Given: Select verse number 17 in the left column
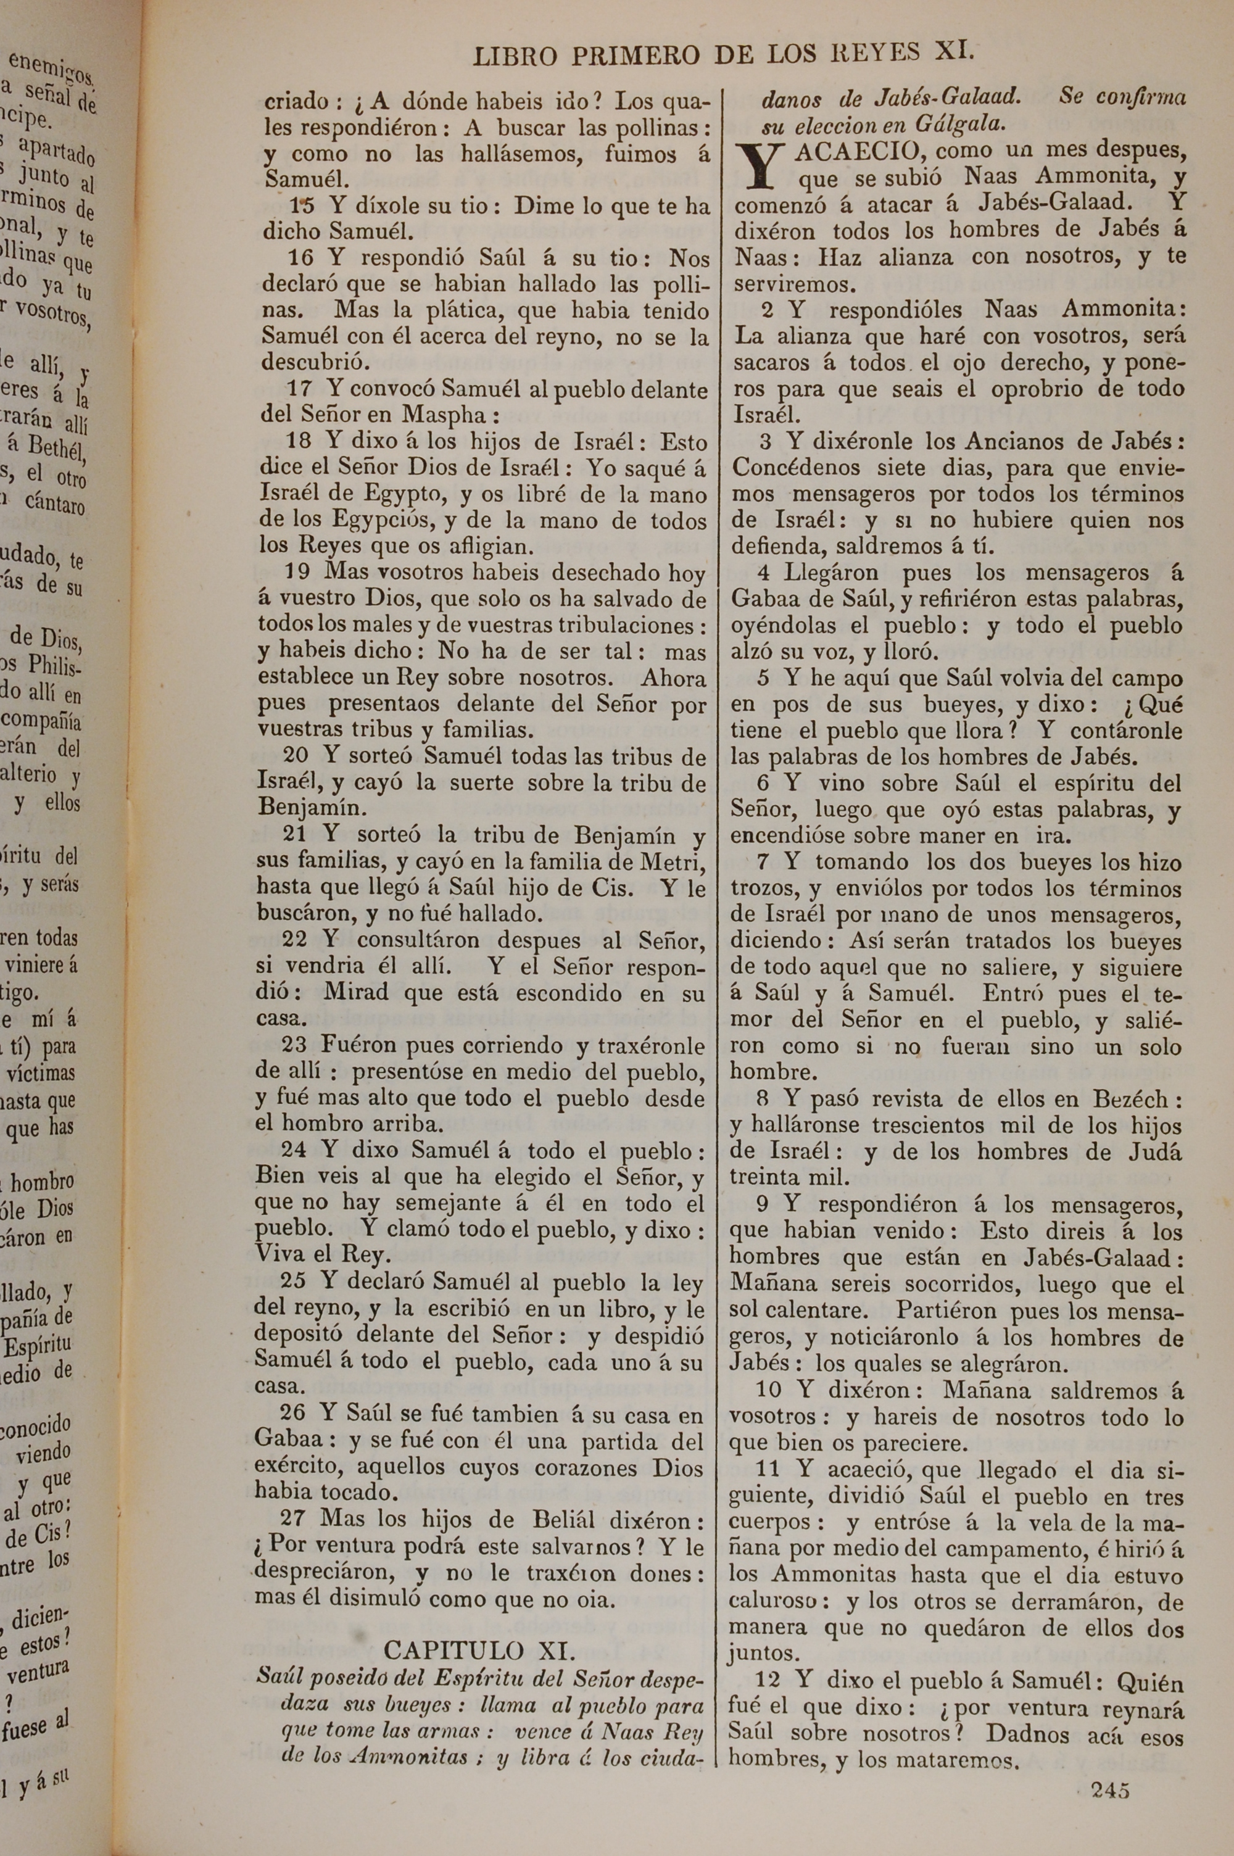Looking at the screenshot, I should coord(300,388).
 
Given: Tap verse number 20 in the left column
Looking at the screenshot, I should coord(296,755).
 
